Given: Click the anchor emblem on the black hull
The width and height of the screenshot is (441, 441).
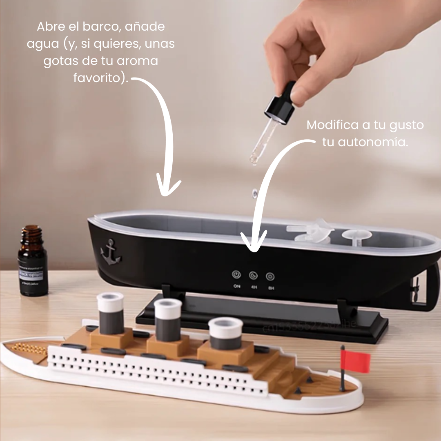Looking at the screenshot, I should pyautogui.click(x=111, y=252).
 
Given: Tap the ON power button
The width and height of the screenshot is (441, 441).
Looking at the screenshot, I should pyautogui.click(x=236, y=275).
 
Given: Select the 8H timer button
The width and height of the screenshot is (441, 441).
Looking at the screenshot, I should pyautogui.click(x=270, y=276).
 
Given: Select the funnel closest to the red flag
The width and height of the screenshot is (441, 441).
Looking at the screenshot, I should pyautogui.click(x=225, y=333).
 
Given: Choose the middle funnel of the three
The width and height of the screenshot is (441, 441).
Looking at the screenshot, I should pyautogui.click(x=168, y=319).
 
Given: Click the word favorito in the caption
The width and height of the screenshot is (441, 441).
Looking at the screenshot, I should pyautogui.click(x=100, y=78).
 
